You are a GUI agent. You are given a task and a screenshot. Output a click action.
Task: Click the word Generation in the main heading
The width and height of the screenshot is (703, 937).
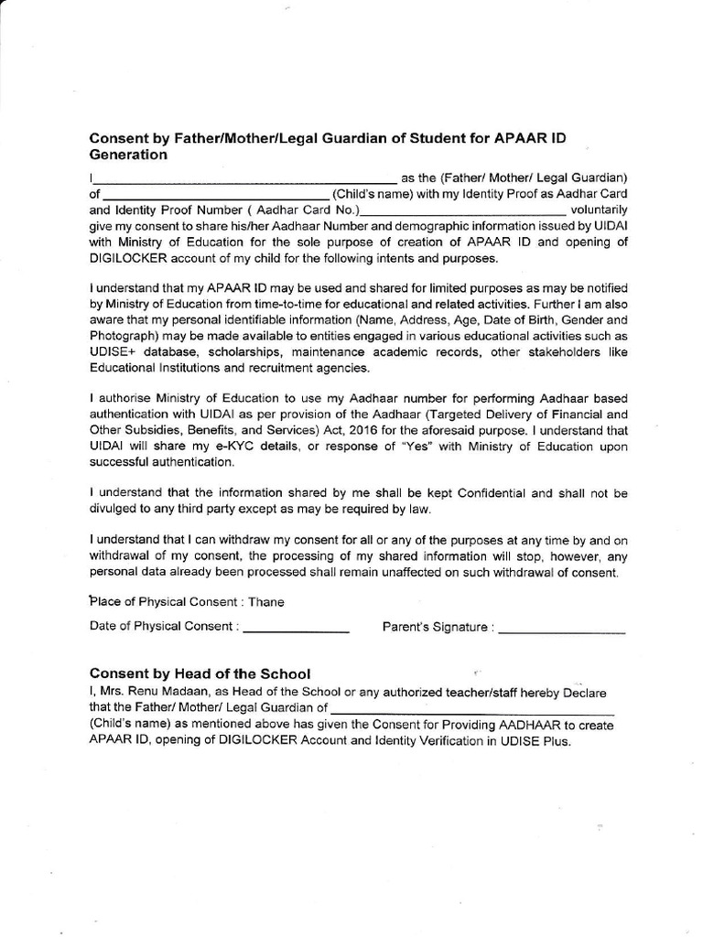128,155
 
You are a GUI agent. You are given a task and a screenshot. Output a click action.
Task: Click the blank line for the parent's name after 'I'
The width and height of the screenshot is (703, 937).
244,178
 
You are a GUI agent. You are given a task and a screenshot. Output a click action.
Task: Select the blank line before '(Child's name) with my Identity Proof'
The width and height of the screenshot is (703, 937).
216,195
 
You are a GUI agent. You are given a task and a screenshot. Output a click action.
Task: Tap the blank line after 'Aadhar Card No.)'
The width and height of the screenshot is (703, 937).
464,210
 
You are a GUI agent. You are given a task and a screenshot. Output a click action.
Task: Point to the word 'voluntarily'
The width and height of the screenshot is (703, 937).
599,210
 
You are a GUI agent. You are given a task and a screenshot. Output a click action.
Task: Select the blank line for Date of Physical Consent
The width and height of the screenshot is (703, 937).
297,630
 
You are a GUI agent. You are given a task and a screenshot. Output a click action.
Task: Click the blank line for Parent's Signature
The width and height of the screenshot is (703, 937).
563,630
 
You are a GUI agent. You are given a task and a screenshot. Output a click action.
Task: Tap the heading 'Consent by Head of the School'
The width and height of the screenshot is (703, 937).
200,673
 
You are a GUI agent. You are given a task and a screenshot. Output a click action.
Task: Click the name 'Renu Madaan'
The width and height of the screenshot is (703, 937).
170,692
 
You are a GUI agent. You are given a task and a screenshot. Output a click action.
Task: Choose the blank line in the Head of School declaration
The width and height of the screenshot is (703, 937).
471,709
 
